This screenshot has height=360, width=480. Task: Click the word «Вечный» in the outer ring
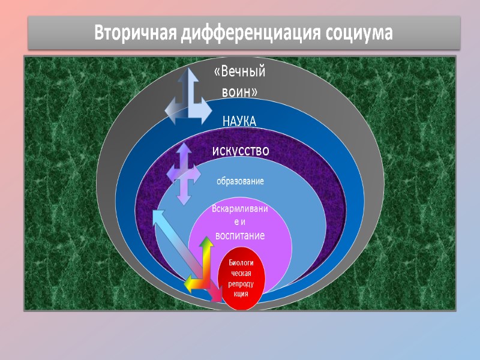pos(240,73)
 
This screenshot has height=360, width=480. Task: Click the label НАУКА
pos(239,122)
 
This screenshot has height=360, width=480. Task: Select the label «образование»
pos(240,181)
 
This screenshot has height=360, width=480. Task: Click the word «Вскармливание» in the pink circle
pos(240,209)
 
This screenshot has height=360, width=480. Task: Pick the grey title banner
pos(244,33)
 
